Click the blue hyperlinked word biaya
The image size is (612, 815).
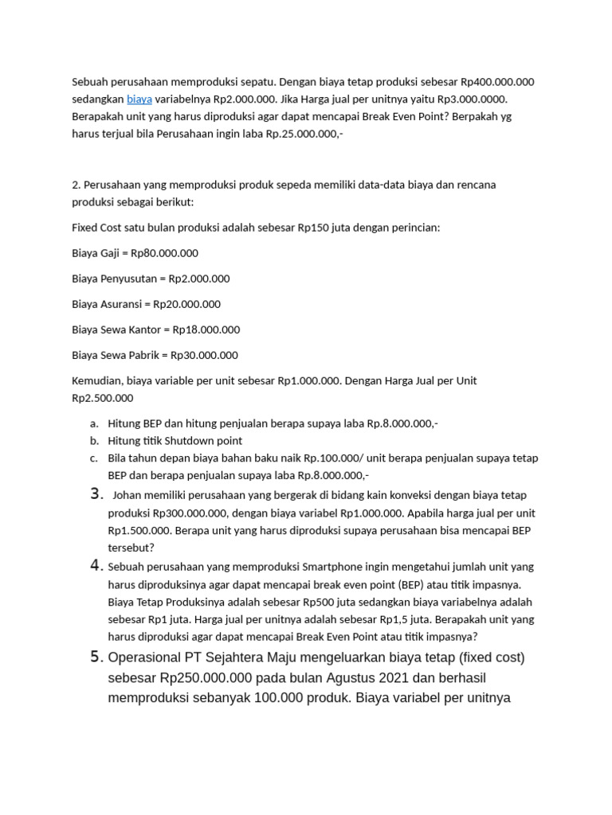(139, 99)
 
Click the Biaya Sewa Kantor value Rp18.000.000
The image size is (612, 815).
(206, 330)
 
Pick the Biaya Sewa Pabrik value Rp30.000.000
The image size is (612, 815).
(205, 355)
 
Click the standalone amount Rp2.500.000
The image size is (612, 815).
(103, 398)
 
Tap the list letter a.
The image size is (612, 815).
(93, 423)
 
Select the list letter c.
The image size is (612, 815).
(93, 458)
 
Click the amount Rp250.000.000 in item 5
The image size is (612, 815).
(206, 678)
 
